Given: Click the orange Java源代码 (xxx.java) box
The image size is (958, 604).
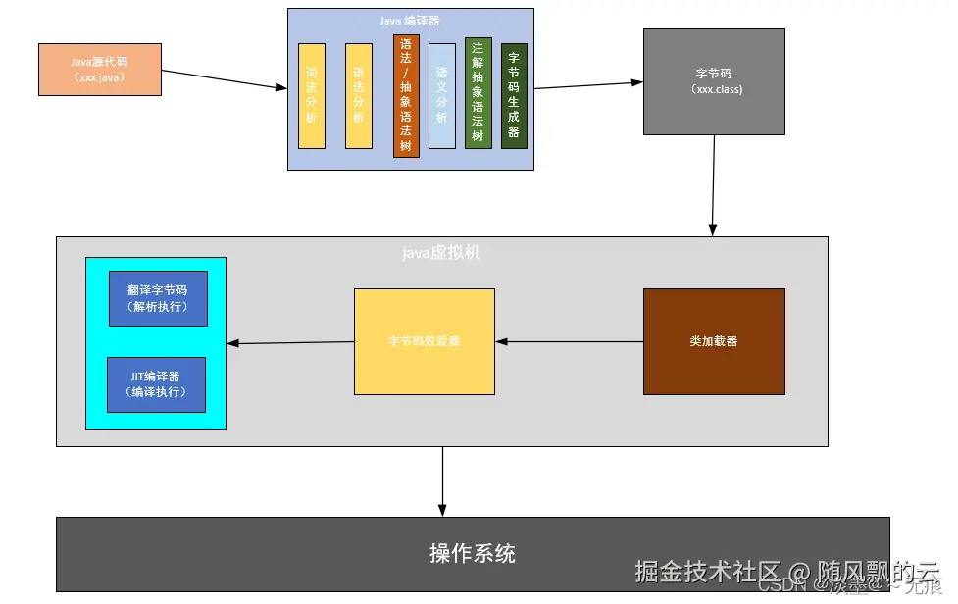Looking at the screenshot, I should click(x=99, y=69).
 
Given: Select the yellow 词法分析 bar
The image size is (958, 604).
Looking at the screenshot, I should click(x=312, y=96).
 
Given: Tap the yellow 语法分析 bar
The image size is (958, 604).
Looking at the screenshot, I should click(x=359, y=96).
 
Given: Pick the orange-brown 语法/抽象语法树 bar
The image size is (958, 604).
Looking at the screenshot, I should click(x=406, y=96).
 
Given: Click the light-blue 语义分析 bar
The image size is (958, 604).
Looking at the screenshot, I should click(x=442, y=96).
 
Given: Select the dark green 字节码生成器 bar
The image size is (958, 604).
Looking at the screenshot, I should click(x=514, y=96).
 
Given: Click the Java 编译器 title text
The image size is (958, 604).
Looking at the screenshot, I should click(x=410, y=20).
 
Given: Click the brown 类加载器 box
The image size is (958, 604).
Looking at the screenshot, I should click(x=714, y=341).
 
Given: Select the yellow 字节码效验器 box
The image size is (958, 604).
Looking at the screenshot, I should click(x=424, y=341).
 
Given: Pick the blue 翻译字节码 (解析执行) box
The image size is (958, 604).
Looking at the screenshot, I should click(x=157, y=298).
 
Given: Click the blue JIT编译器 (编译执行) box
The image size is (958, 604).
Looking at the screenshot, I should click(x=156, y=384).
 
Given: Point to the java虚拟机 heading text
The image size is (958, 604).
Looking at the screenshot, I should click(x=441, y=253).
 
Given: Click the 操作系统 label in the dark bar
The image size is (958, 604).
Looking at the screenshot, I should click(x=473, y=553).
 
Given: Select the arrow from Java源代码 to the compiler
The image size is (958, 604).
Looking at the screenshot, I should click(x=224, y=79).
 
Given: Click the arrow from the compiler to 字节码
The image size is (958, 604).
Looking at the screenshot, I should click(x=588, y=85).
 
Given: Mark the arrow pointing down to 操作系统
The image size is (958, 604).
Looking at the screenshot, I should click(x=442, y=480).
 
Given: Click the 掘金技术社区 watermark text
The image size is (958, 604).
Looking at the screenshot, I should click(x=707, y=570).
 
